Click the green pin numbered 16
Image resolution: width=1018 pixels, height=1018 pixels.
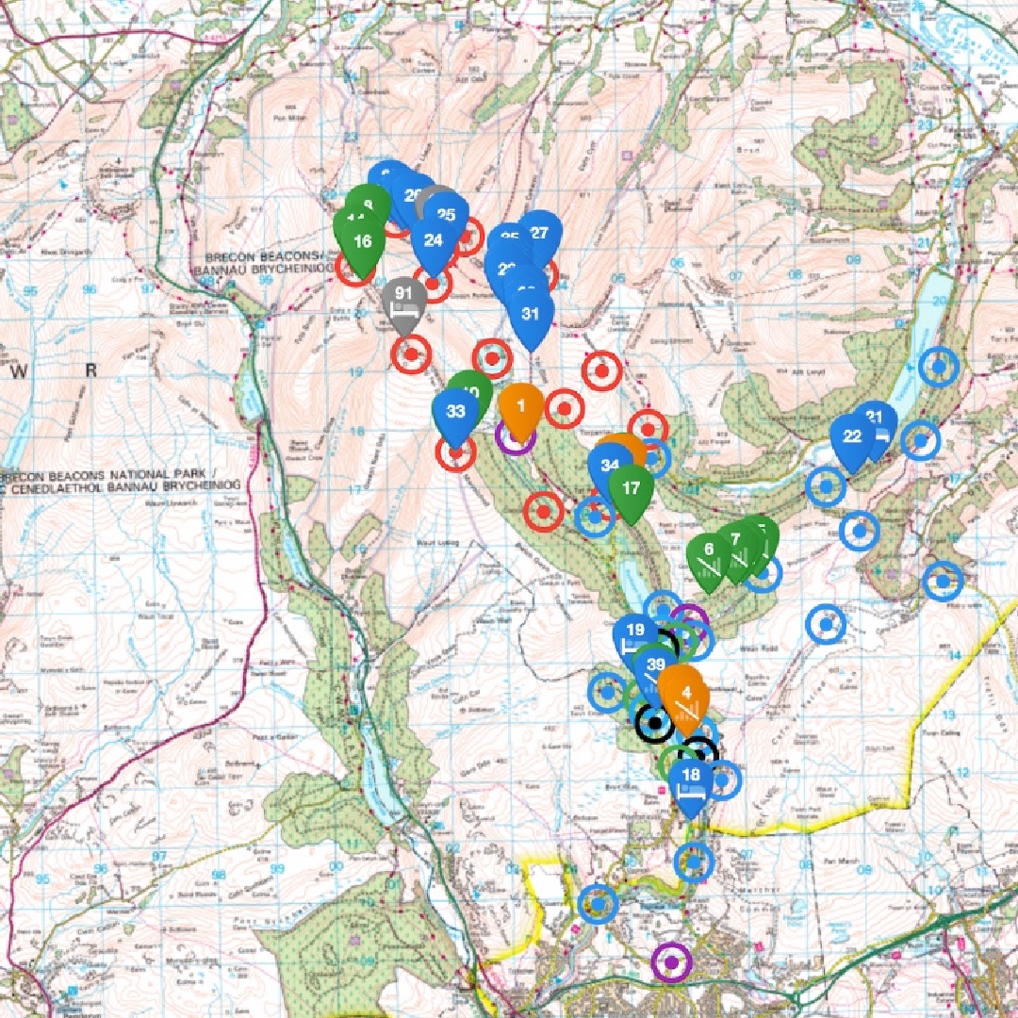362,241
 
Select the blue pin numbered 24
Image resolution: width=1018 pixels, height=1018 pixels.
434,240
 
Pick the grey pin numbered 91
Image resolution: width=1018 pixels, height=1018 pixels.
404,301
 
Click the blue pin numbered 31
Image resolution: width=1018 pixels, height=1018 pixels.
531,315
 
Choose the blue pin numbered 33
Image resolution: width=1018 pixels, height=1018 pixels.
455,412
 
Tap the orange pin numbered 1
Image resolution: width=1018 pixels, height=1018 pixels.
521,405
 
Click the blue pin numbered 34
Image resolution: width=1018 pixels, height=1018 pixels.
610,466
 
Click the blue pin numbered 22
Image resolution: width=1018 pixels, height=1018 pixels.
852,436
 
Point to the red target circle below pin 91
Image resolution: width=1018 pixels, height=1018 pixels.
411,354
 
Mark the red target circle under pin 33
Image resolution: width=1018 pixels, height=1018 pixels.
456,454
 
